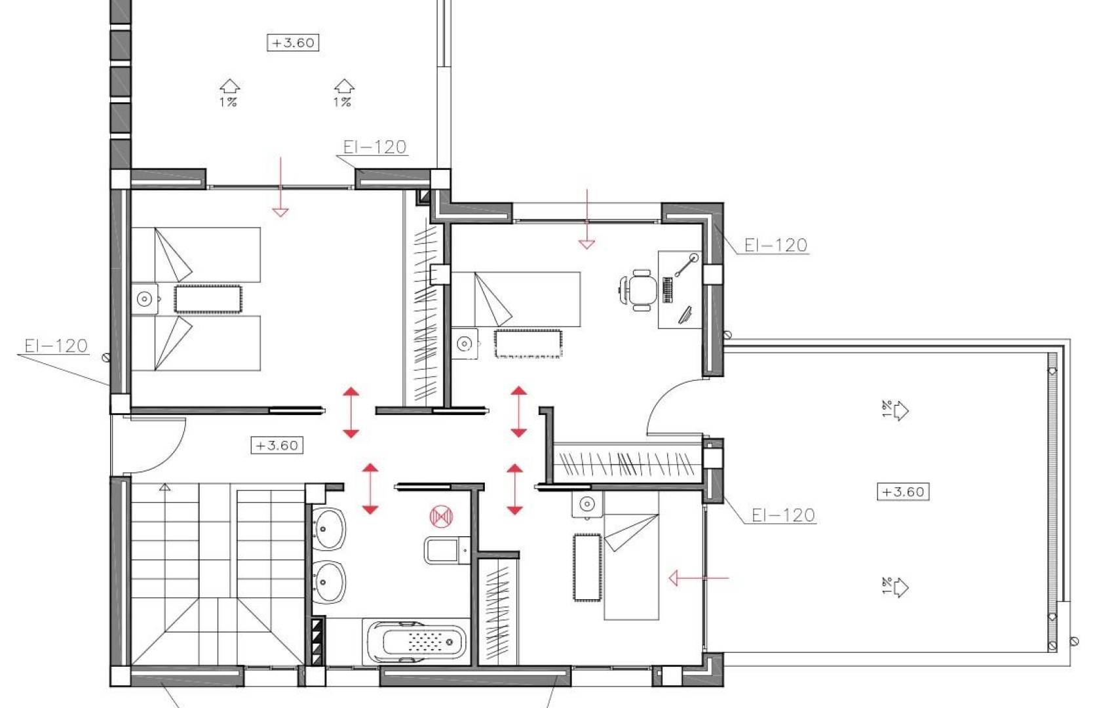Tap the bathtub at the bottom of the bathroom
click(417, 640)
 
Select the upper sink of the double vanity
click(328, 528)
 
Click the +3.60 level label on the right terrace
click(903, 492)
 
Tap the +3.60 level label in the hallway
click(277, 446)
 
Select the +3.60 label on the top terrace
click(293, 43)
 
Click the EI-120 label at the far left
click(56, 346)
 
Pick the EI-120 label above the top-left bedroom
click(375, 147)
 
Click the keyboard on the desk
click(668, 290)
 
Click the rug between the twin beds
click(208, 299)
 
